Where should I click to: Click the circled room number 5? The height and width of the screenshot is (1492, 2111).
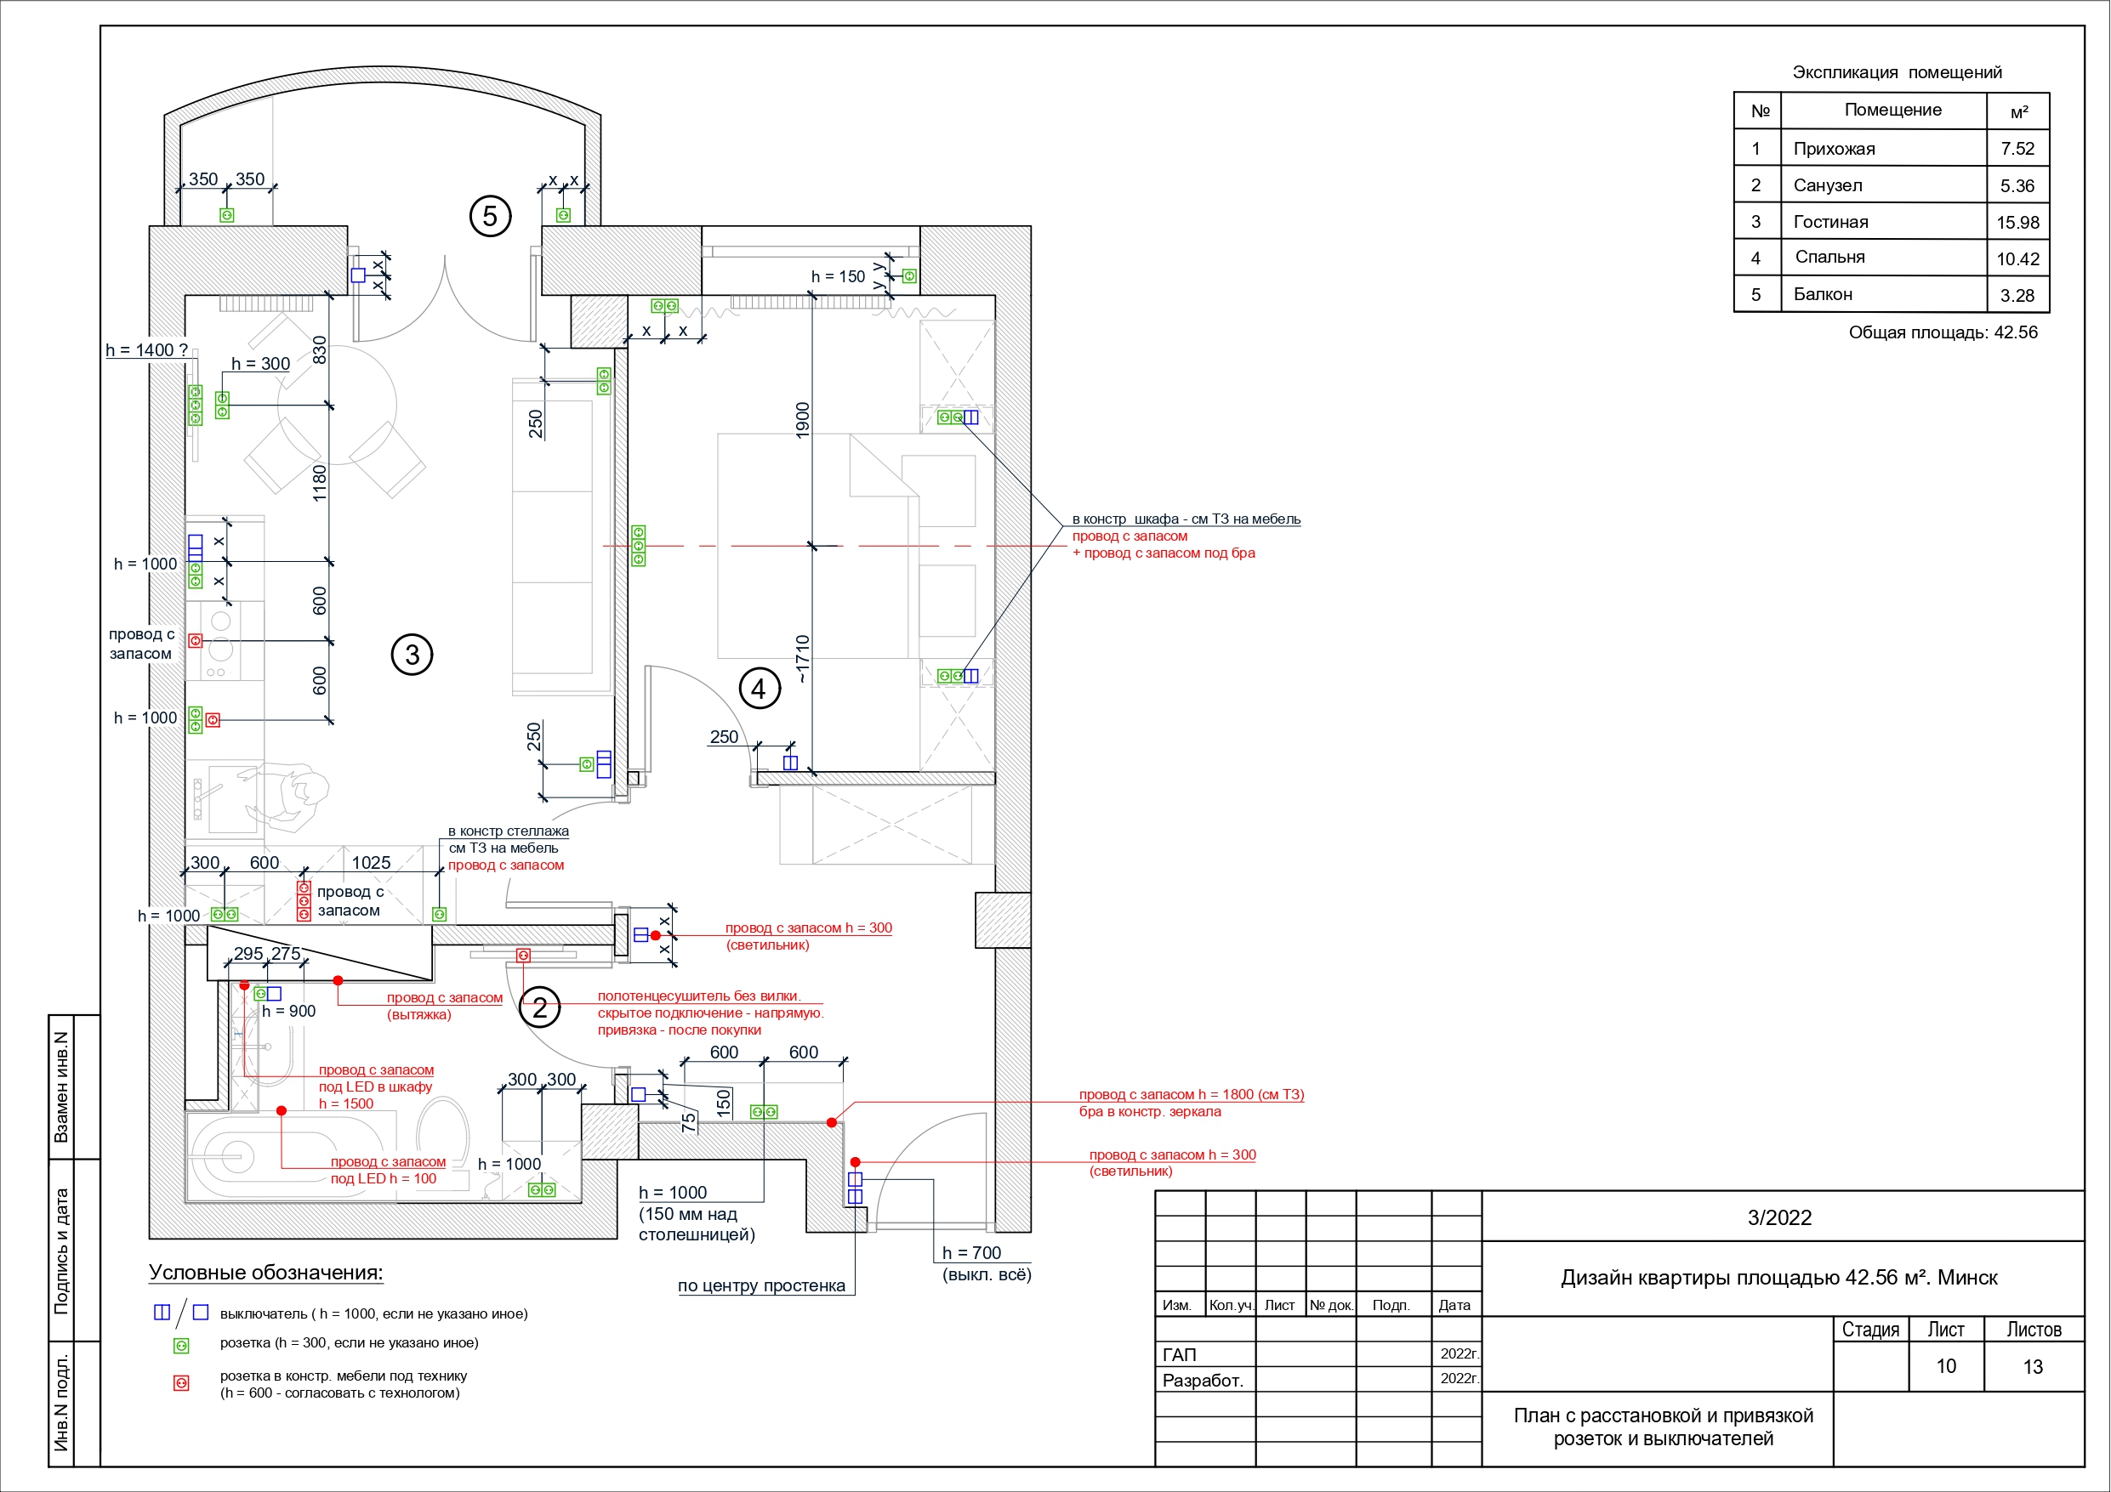pos(490,216)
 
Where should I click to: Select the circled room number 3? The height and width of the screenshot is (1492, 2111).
pos(412,655)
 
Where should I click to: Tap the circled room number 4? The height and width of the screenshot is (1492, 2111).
pos(759,689)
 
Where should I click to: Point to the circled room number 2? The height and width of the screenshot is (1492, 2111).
pos(540,1008)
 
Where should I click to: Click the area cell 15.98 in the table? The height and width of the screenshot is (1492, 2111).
pos(2017,223)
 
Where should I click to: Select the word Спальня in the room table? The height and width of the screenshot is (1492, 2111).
pos(1829,258)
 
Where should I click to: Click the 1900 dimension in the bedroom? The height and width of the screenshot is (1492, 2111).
pos(803,420)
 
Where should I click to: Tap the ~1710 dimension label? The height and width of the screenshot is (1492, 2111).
pos(803,658)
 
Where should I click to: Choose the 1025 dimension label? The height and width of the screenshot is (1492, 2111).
pos(372,862)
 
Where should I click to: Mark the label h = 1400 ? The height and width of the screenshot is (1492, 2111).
pos(147,350)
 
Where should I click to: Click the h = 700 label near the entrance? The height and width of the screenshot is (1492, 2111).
pos(972,1253)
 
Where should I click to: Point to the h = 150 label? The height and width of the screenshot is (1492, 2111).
pos(839,276)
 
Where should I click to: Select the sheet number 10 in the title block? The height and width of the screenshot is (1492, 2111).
pos(1946,1366)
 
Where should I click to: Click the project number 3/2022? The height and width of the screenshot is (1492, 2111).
pos(1780,1218)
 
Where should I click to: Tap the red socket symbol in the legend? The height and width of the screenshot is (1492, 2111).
pos(182,1383)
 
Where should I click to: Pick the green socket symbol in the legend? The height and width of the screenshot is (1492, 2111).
pos(182,1346)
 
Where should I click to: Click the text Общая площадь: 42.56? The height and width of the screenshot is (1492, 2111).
pos(1943,332)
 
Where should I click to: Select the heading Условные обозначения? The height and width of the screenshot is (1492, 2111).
pos(265,1274)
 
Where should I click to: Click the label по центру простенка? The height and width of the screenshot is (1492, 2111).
pos(761,1286)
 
